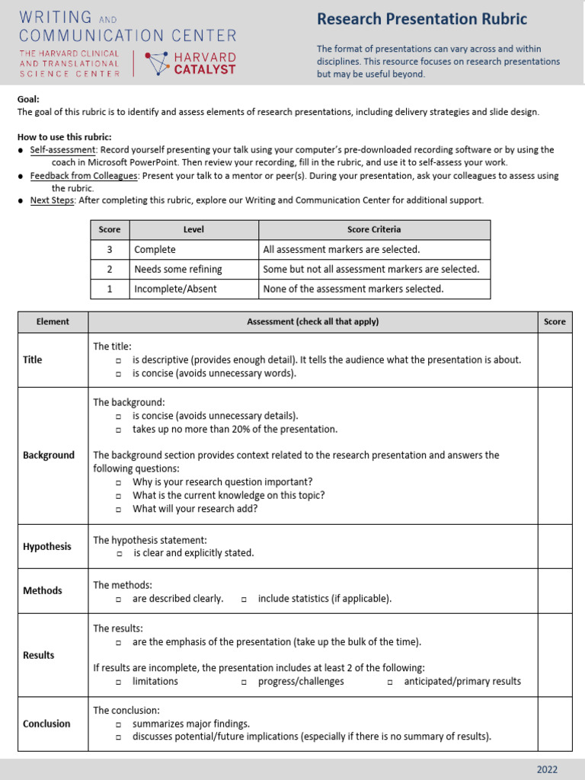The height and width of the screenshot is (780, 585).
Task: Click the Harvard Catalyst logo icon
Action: click(158, 64)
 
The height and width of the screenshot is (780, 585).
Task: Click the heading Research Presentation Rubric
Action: click(422, 19)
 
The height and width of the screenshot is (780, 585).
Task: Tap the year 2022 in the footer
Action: click(547, 769)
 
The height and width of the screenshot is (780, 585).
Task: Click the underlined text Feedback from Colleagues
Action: click(84, 176)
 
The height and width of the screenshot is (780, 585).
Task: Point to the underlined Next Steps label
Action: click(52, 200)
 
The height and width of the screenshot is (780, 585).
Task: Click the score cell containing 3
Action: click(110, 249)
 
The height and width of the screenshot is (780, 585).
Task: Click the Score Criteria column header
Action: click(374, 229)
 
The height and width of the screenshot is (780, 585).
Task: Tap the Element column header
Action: click(53, 321)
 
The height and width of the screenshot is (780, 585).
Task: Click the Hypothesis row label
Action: click(46, 546)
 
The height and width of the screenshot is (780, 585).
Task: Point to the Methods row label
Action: click(43, 590)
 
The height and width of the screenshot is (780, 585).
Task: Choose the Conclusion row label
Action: click(46, 724)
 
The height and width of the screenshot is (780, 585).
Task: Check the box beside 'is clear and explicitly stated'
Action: click(119, 554)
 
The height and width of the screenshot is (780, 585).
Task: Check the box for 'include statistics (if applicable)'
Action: click(245, 599)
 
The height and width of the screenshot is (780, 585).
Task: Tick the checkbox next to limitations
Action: click(119, 682)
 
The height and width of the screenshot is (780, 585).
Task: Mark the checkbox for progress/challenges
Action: click(245, 682)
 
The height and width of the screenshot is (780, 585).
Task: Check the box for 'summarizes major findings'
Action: click(119, 724)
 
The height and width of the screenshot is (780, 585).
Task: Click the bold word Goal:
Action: click(28, 99)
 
